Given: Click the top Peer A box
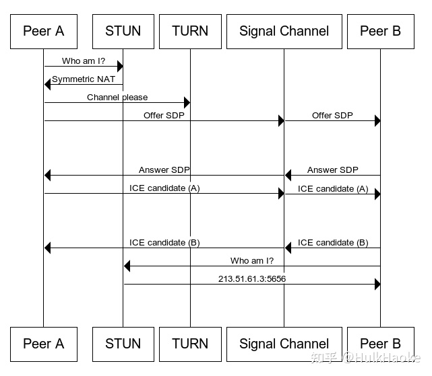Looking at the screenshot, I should pyautogui.click(x=43, y=31).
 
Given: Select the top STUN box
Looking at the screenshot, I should pyautogui.click(x=123, y=31).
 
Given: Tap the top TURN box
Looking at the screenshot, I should pyautogui.click(x=189, y=31).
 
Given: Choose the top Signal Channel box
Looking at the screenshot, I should pyautogui.click(x=284, y=31).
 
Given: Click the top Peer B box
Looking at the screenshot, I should pyautogui.click(x=380, y=31).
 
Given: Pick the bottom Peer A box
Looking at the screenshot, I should pyautogui.click(x=43, y=344).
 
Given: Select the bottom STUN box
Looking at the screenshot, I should pyautogui.click(x=123, y=344).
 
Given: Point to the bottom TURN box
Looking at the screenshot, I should pyautogui.click(x=189, y=344).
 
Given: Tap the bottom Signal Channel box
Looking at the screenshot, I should pyautogui.click(x=284, y=344).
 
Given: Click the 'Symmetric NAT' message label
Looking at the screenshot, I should pyautogui.click(x=84, y=79).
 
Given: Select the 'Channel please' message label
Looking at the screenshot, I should pyautogui.click(x=117, y=98).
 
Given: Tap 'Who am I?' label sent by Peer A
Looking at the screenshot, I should pyautogui.click(x=84, y=61).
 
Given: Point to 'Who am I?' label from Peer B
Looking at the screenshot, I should pyautogui.click(x=252, y=260).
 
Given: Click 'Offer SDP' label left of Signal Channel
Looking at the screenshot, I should pyautogui.click(x=164, y=116).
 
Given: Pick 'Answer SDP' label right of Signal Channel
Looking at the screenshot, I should pyautogui.click(x=332, y=170).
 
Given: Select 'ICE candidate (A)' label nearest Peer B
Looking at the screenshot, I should pyautogui.click(x=333, y=189).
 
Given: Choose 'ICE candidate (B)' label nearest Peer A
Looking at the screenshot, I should pyautogui.click(x=164, y=243).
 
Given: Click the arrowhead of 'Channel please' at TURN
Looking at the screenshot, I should pyautogui.click(x=187, y=103).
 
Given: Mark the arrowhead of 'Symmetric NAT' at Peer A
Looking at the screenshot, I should pyautogui.click(x=48, y=84).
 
